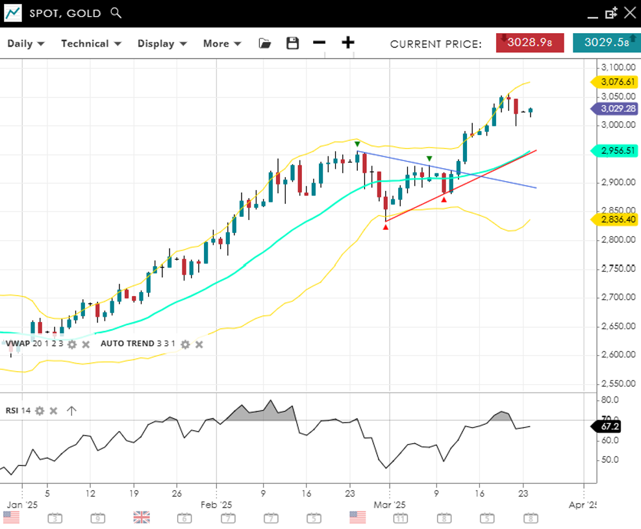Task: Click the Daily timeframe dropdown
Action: pos(26,43)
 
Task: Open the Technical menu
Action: pos(91,43)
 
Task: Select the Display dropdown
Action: pos(162,43)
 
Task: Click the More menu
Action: pos(221,43)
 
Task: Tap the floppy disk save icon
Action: pos(293,43)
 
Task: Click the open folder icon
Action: pos(264,43)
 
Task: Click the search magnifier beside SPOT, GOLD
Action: pos(116,13)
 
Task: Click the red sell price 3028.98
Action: pos(529,43)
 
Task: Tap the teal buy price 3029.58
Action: pos(607,43)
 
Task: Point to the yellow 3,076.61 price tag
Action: pos(614,82)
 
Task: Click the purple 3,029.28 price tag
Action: pos(614,108)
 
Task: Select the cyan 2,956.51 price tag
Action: pos(614,151)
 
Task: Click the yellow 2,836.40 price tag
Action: pos(614,220)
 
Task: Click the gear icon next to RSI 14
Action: pos(40,410)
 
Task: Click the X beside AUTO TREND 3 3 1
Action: pos(199,344)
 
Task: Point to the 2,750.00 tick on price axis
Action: pos(618,269)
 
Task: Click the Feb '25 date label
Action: pos(216,504)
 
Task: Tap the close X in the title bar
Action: pos(629,13)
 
